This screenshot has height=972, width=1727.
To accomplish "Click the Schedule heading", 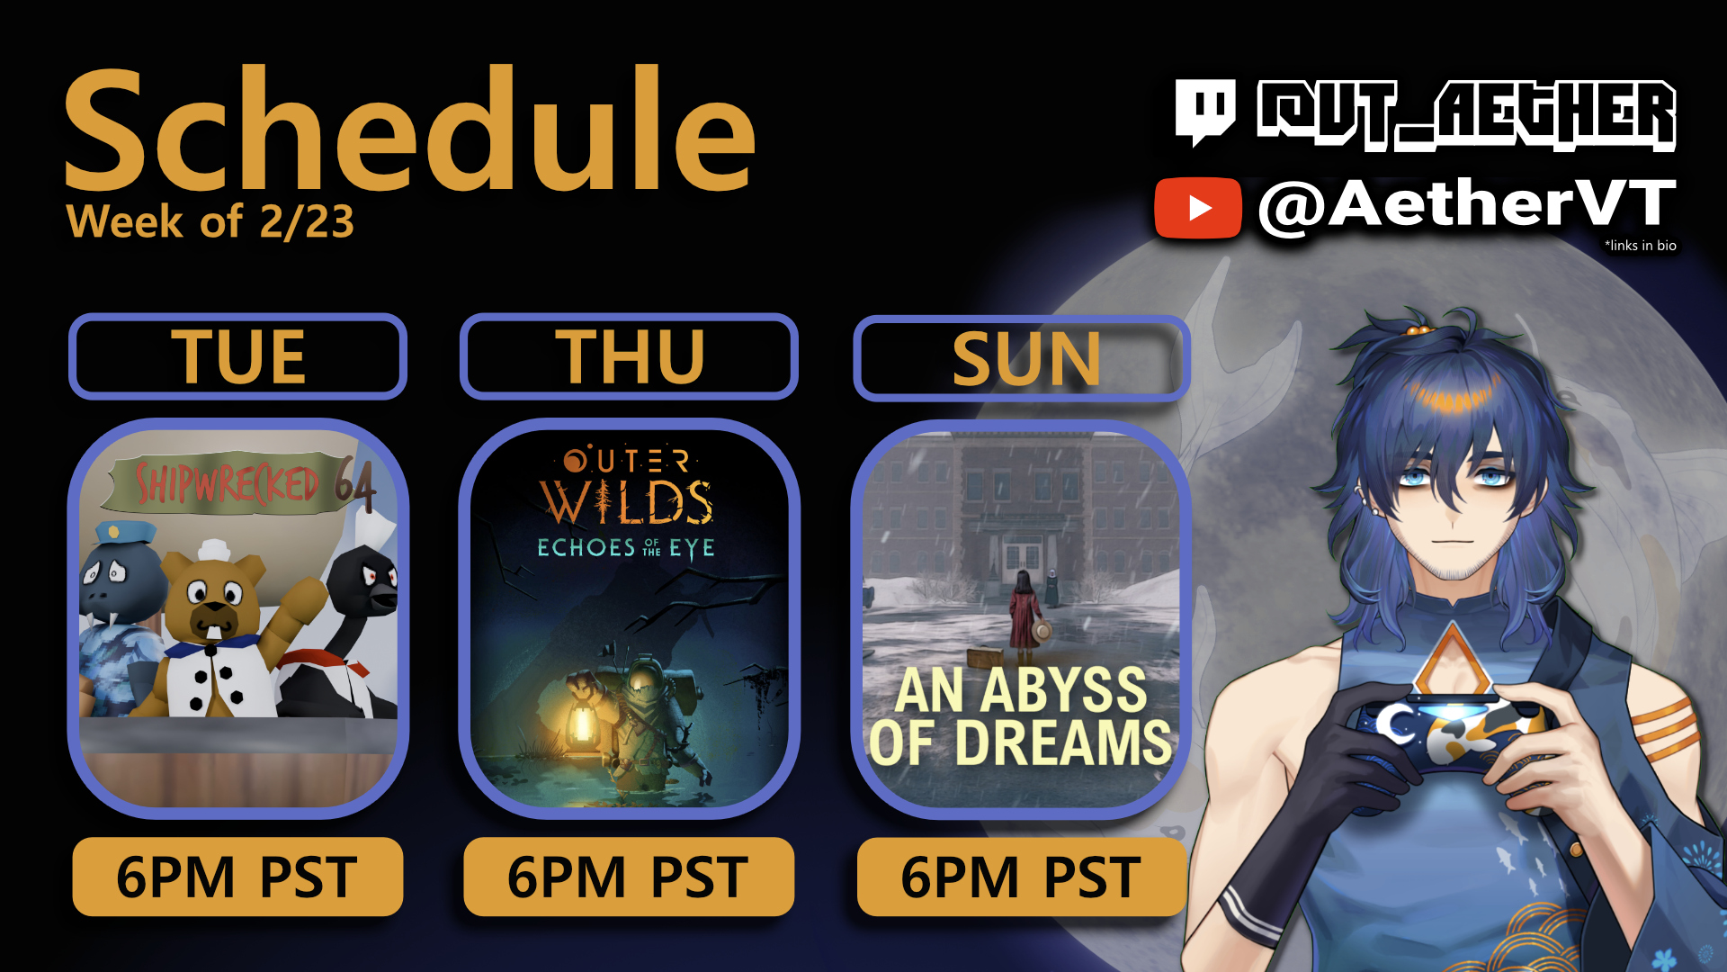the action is point(409,130).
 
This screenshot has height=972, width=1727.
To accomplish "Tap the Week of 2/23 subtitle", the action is point(210,221).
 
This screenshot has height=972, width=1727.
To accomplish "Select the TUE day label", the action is point(238,357).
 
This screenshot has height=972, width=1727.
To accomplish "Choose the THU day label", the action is point(630,357).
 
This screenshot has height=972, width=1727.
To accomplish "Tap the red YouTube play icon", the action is point(1198,208).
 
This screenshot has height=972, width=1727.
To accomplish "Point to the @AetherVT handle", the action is point(1466,204).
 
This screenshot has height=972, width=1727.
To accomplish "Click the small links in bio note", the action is point(1641,245).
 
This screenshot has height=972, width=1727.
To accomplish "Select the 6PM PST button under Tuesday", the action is point(237,877).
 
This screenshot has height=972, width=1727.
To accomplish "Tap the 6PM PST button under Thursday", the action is point(629,877).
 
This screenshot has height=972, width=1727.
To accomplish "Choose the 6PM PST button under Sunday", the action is point(1022,877).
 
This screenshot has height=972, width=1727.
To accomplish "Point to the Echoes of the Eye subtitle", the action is point(626,547).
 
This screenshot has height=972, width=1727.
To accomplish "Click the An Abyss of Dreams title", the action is point(1021,716).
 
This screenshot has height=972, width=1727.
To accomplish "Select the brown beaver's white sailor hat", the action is point(213,550).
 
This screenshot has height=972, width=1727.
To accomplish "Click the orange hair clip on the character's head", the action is point(1418,329).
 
